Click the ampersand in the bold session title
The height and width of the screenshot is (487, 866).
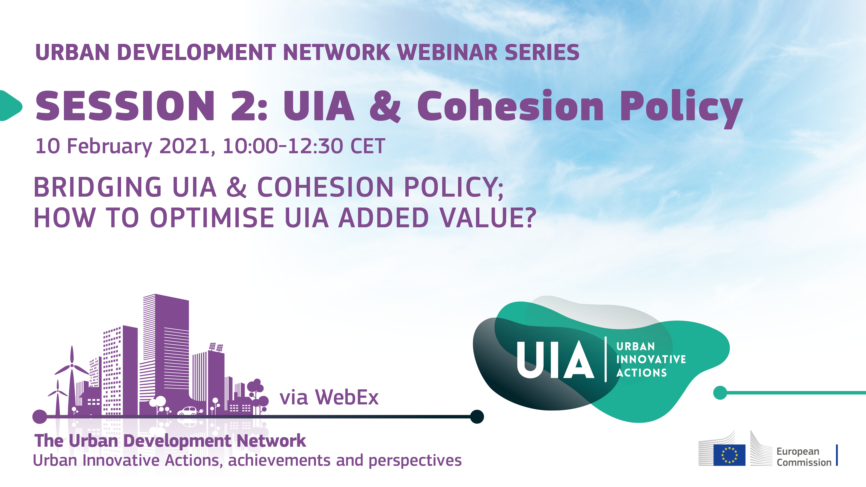[385, 106]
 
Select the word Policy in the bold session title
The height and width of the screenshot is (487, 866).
[681, 107]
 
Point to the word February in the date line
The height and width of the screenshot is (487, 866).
[110, 146]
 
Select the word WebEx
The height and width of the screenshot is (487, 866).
[347, 397]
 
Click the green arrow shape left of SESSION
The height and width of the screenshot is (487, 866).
[10, 105]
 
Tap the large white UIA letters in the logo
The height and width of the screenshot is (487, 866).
[555, 360]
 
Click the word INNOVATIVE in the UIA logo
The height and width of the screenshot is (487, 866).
[651, 359]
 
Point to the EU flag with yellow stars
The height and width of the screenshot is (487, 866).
[729, 455]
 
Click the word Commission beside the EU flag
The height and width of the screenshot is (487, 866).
[804, 463]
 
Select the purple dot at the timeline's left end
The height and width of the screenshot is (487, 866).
[40, 416]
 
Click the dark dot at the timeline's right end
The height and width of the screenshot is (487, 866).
[477, 416]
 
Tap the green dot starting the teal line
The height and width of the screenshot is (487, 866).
[720, 392]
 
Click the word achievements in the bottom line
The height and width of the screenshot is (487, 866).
[279, 461]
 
